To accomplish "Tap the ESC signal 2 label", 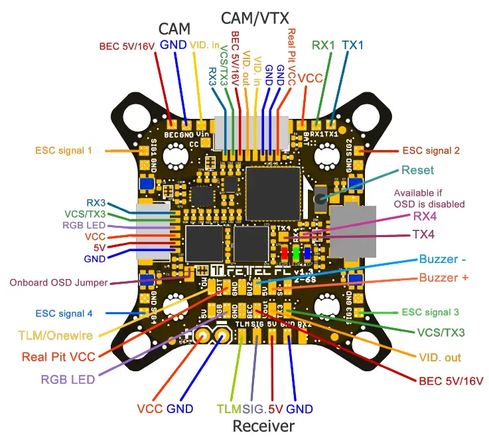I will coord(431,150).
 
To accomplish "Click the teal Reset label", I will coord(418,170).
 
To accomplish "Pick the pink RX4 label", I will coord(425,215).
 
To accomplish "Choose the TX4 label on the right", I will coord(423,234).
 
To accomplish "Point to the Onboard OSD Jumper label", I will coord(58,282).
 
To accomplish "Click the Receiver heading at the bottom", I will coord(263,425).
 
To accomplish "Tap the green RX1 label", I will coord(324,45).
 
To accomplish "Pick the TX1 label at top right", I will coord(352,45).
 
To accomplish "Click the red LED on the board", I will coord(284,254).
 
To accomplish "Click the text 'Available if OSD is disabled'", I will coord(431,199).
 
